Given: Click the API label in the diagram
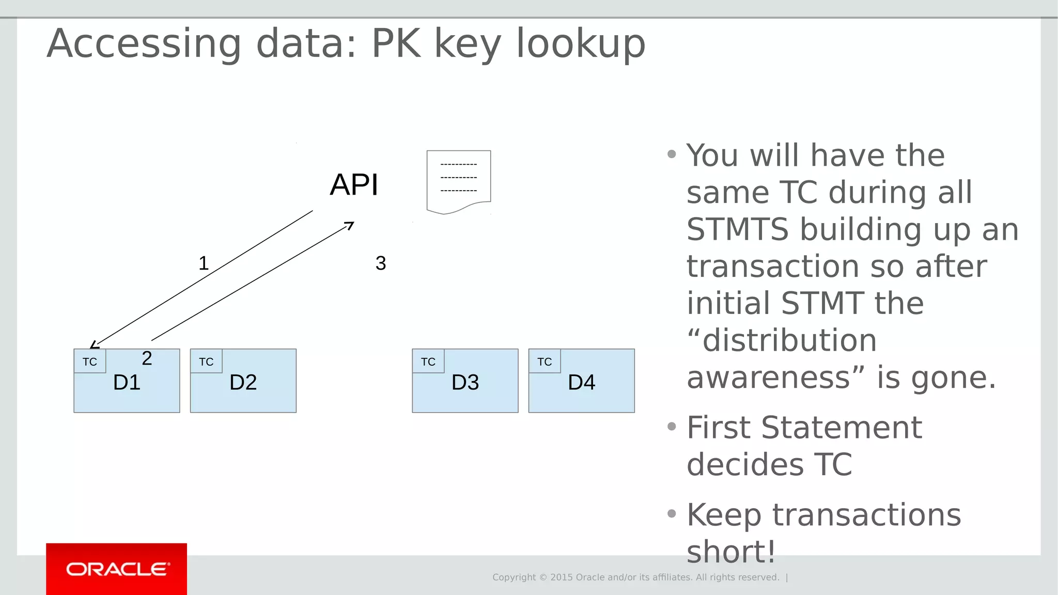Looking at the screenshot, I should point(354,185).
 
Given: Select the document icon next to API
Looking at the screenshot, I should point(459,181).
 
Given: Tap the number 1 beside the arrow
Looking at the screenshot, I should point(204,263).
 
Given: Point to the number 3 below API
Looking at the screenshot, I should point(381,263).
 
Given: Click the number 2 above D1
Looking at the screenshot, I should point(147,358).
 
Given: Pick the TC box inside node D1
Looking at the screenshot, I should point(90,362).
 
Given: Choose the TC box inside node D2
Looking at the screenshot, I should point(206,362).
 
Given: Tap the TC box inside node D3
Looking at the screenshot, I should point(428,362).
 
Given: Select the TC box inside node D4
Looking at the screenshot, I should point(544,362).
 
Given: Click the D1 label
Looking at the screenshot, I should point(127,383).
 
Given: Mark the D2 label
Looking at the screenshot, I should point(243,383).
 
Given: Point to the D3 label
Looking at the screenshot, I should point(465,383).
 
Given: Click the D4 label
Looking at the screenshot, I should point(581,383).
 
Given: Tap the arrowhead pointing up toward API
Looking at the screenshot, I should point(350,225).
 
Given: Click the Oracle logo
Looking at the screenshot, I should point(117,569).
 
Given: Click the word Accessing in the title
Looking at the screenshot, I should point(144,44).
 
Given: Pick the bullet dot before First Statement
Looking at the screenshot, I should point(672,427).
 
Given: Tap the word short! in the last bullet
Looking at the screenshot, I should point(730,552).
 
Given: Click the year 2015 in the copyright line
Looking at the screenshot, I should point(561,577).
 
